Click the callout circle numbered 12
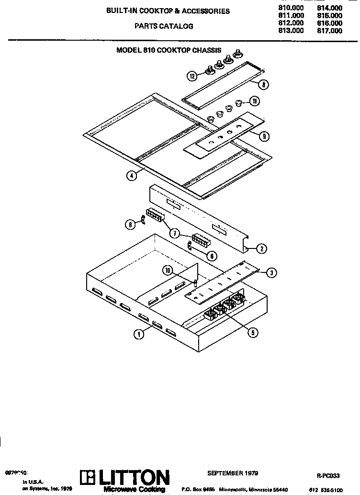tap(192, 76)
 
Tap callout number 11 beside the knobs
tap(255, 101)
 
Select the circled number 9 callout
tap(264, 136)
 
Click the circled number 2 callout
tap(261, 248)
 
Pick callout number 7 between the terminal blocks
tap(175, 234)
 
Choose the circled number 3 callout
tap(271, 273)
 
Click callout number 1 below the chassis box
tap(138, 335)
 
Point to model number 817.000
tap(330, 31)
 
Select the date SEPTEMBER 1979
tap(233, 473)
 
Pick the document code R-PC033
tap(328, 476)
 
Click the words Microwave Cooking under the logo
tap(135, 490)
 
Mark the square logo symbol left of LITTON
tap(88, 478)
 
